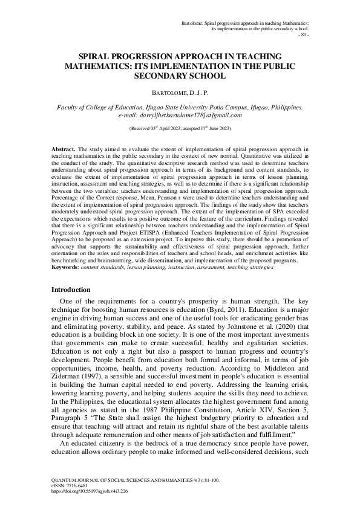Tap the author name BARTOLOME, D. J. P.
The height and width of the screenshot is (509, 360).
[x=180, y=92]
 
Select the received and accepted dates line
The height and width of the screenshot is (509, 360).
[x=180, y=129]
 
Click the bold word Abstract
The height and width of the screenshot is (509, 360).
[x=60, y=148]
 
